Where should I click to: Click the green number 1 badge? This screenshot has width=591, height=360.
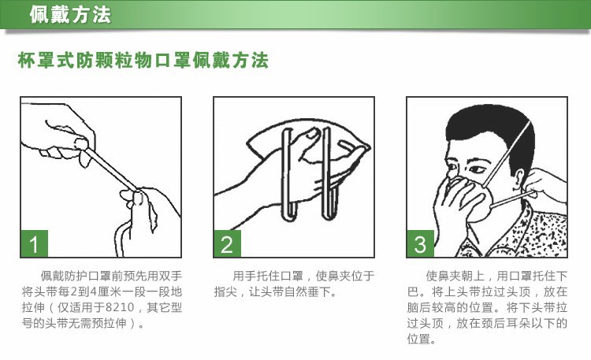click(35, 243)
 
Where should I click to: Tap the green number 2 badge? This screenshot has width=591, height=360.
click(227, 243)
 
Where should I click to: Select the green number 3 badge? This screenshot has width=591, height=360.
click(420, 243)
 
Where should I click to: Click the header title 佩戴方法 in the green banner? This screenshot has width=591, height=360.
click(70, 15)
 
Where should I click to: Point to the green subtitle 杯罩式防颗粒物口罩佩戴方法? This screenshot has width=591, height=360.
click(143, 61)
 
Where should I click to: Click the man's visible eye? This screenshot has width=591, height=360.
click(477, 169)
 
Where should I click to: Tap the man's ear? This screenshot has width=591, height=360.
click(519, 178)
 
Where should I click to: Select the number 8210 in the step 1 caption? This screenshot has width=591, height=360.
click(120, 307)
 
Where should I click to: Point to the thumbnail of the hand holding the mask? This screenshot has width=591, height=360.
click(311, 133)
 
